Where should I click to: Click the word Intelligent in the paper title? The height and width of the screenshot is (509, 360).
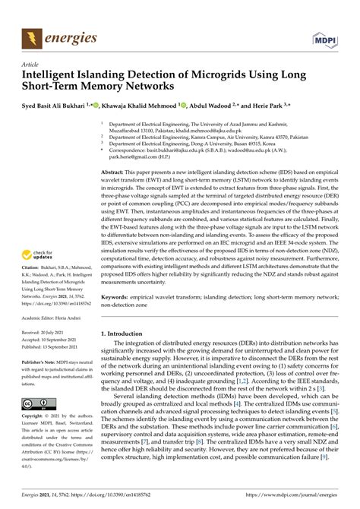coord(55,77)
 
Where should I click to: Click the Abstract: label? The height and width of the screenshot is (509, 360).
coord(114,173)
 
